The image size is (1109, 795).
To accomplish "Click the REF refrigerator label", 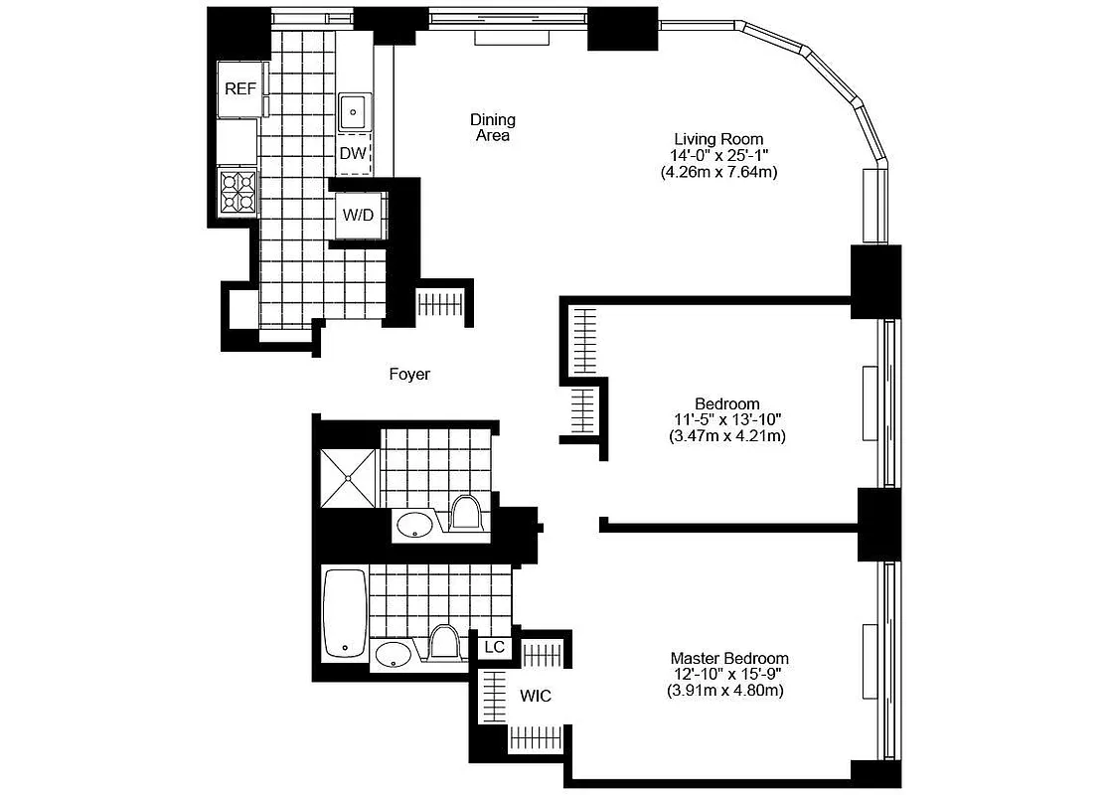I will coord(239,88).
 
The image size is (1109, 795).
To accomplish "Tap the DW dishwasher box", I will coord(353,154).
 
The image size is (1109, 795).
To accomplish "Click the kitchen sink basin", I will coord(353,110).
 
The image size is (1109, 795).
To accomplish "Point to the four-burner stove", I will coord(238,191).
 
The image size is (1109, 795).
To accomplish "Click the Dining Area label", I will coord(492,127).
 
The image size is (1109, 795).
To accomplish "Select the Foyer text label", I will coord(409,375).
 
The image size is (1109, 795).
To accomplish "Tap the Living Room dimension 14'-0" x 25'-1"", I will coord(718,156).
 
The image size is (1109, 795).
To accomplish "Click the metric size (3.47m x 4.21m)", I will coord(727,436).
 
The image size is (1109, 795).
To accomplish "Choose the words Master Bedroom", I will coord(729,658).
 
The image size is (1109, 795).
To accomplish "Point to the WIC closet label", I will coord(535,696).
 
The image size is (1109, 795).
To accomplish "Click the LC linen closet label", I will coord(494,647).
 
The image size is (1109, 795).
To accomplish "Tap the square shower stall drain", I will coord(349,478).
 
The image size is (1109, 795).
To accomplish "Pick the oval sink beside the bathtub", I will coord(395,654).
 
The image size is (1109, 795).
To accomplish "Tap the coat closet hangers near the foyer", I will coord(440,305).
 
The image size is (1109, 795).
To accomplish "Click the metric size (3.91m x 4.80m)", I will coord(725,690).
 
